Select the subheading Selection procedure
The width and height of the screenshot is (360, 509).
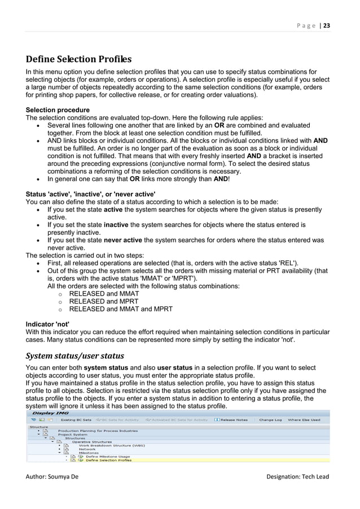pyautogui.click(x=58, y=109)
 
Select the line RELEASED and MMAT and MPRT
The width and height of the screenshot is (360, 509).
pyautogui.click(x=121, y=309)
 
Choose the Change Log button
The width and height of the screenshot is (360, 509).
pyautogui.click(x=270, y=420)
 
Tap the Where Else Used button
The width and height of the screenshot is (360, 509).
pyautogui.click(x=304, y=420)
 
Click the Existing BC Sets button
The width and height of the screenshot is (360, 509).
pyautogui.click(x=76, y=420)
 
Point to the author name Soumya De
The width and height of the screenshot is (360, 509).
pyautogui.click(x=52, y=477)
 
